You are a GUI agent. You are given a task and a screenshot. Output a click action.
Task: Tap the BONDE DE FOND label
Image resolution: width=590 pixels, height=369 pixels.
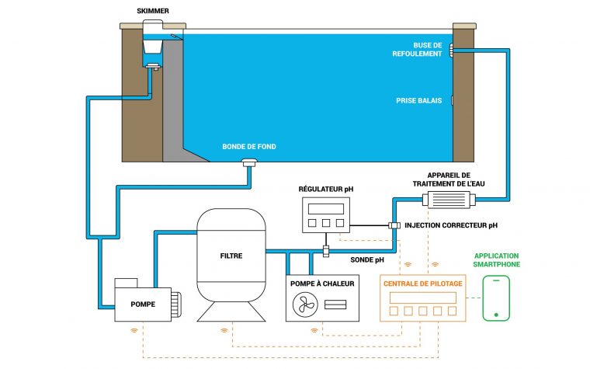tap(248, 146)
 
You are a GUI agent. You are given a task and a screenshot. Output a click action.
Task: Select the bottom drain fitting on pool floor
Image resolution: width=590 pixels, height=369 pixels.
tap(250, 162)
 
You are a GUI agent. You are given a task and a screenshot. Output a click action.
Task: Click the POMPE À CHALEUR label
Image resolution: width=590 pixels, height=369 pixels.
tap(322, 284)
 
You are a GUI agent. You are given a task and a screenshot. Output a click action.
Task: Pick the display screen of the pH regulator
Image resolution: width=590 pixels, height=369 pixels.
tap(325, 208)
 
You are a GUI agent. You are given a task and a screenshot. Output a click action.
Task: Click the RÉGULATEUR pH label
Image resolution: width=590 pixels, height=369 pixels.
tap(325, 188)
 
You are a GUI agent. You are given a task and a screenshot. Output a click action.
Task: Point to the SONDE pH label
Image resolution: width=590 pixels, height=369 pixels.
tap(368, 260)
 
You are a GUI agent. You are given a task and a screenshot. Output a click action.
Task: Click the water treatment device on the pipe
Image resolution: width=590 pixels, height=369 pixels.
tap(448, 200)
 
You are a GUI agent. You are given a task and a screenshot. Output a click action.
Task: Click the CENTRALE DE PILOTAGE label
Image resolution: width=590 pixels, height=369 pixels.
tap(423, 284)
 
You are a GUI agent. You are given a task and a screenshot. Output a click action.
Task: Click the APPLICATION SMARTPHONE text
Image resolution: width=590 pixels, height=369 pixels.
tap(497, 259)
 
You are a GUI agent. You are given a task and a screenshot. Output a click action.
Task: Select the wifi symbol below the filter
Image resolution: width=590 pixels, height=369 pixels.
tap(225, 329)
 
